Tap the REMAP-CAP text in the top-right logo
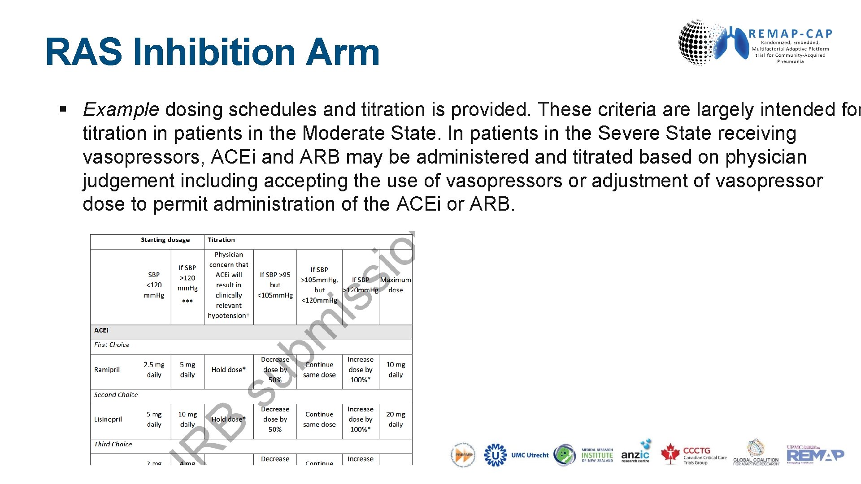point(790,34)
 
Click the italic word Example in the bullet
point(121,109)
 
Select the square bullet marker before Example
point(63,108)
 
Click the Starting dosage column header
point(165,240)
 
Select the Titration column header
point(221,240)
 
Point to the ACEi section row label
point(101,330)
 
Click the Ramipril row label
point(107,370)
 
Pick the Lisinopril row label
point(108,419)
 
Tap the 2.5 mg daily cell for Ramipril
point(154,370)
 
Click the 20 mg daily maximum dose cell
point(396,419)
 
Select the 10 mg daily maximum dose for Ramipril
point(396,370)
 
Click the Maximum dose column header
point(396,285)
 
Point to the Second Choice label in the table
point(116,395)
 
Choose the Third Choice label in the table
point(113,444)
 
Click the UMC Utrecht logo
point(516,455)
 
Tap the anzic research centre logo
point(635,454)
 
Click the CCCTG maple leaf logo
point(671,454)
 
